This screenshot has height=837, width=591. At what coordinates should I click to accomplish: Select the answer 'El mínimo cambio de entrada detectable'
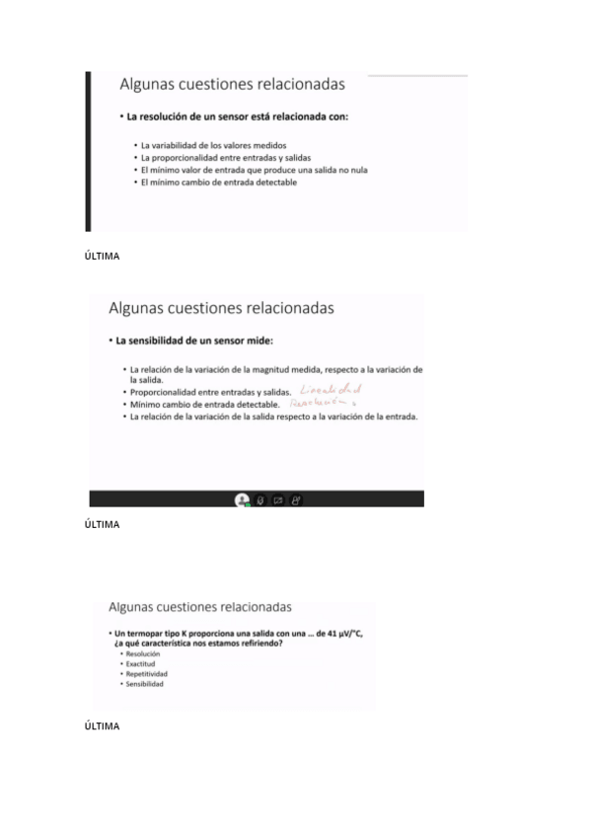[x=218, y=182]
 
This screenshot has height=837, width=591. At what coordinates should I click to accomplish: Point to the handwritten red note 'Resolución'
[x=322, y=404]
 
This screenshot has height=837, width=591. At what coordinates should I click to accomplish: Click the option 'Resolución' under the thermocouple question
[x=142, y=653]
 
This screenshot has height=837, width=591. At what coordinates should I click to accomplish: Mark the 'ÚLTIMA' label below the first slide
[x=103, y=257]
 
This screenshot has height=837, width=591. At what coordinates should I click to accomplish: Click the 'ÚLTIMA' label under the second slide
[x=103, y=524]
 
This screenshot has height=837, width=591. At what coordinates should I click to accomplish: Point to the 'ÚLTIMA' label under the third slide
[x=103, y=725]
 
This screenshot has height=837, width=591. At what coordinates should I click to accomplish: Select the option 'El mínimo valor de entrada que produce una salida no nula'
[x=254, y=170]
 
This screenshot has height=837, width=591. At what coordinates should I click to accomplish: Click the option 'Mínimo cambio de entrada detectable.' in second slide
[x=205, y=405]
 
